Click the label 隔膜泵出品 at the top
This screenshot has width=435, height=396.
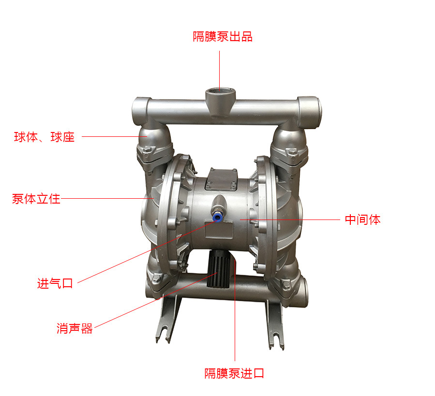(223, 37)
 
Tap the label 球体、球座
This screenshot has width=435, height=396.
(44, 137)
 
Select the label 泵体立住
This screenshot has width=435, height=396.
(36, 198)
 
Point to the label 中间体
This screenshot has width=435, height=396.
(362, 220)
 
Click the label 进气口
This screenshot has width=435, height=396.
(55, 283)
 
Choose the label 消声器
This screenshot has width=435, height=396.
(75, 329)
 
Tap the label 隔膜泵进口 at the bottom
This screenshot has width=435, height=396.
(234, 373)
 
